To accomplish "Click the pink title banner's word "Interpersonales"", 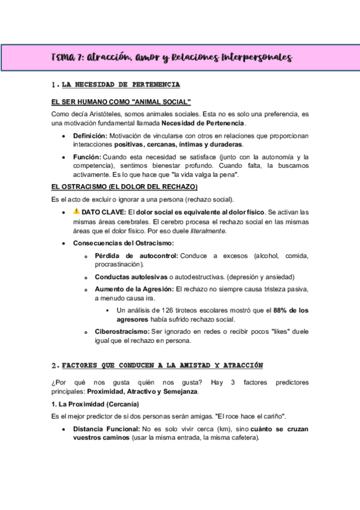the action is pyautogui.click(x=257, y=58).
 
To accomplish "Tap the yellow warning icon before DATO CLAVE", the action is pyautogui.click(x=76, y=212).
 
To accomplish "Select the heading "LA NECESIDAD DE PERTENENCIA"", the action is pyautogui.click(x=121, y=84).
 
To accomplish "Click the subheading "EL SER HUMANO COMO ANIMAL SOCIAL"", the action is pyautogui.click(x=121, y=102).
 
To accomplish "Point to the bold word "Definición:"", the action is pyautogui.click(x=90, y=136).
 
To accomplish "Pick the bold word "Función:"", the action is pyautogui.click(x=87, y=156).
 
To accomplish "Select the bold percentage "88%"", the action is pyautogui.click(x=282, y=310).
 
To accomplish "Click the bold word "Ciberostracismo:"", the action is pyautogui.click(x=123, y=331).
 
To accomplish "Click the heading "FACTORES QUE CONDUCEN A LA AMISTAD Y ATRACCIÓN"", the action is pyautogui.click(x=162, y=365).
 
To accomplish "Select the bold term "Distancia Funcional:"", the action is pyautogui.click(x=106, y=429).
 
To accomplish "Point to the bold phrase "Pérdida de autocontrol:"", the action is pyautogui.click(x=135, y=256).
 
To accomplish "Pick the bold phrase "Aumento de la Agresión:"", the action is pyautogui.click(x=134, y=289).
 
